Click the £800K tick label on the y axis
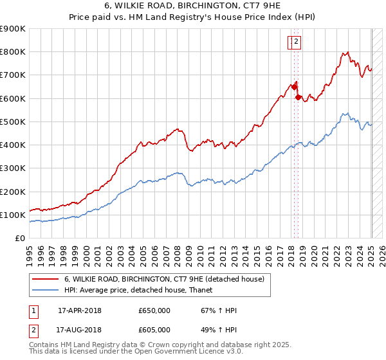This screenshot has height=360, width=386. [x=13, y=52]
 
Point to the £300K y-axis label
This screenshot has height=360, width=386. [x=13, y=168]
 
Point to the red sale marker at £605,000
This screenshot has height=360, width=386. [x=299, y=97]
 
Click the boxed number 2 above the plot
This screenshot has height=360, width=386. [x=297, y=42]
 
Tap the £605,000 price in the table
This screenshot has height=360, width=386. [x=154, y=330]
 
